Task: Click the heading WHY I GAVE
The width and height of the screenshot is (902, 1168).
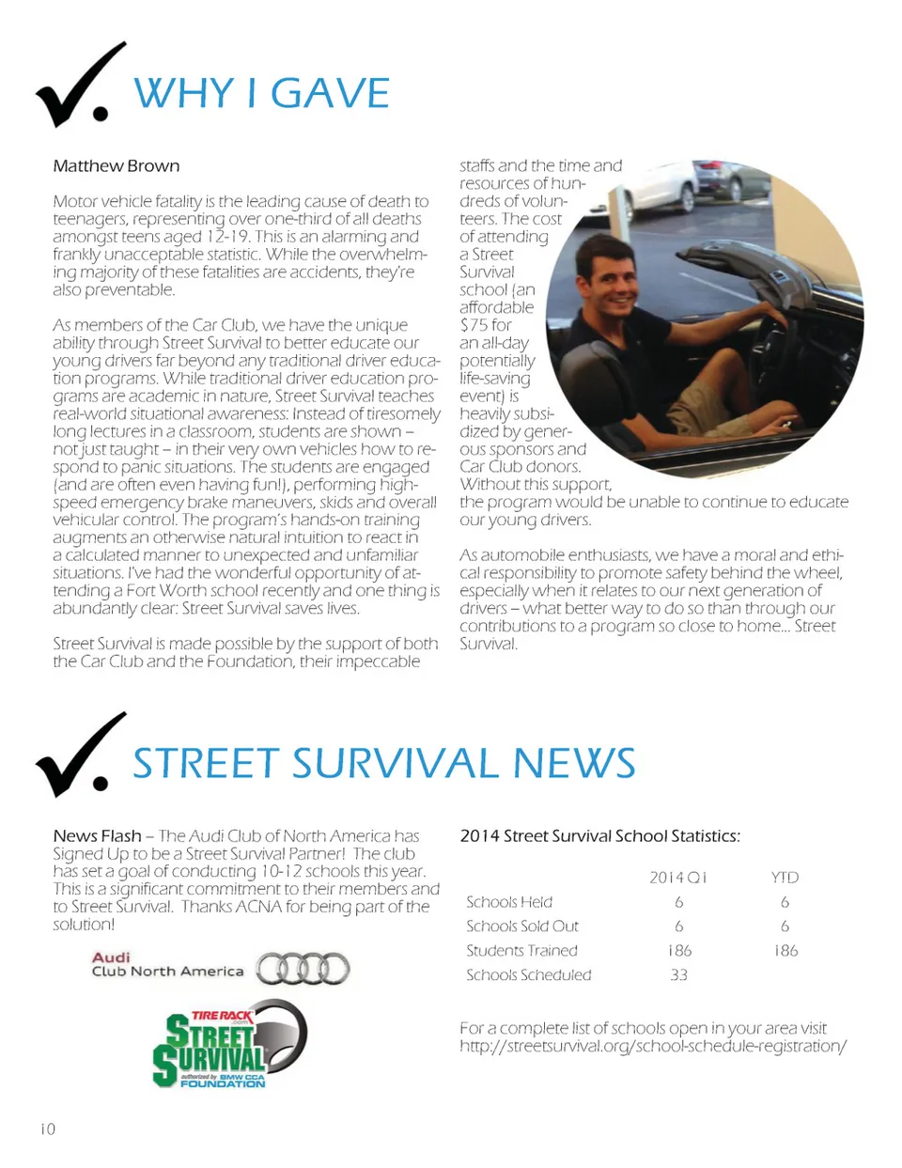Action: click(x=261, y=94)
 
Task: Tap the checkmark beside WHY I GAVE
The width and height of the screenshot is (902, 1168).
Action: click(x=79, y=87)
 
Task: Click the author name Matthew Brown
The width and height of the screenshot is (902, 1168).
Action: click(x=116, y=166)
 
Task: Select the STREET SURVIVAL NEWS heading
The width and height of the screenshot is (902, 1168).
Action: click(x=383, y=763)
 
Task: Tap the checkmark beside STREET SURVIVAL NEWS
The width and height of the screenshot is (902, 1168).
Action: click(x=79, y=756)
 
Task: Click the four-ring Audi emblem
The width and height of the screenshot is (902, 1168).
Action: click(x=303, y=969)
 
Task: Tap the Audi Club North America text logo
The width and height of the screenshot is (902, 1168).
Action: click(x=166, y=965)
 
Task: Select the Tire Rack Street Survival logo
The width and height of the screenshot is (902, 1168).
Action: click(x=229, y=1045)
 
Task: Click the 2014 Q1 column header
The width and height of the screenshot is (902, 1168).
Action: click(x=677, y=878)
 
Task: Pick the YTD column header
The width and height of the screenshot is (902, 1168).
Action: click(x=785, y=878)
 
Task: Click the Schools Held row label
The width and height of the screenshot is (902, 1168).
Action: click(x=509, y=902)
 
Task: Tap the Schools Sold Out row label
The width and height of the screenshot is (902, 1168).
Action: click(x=522, y=927)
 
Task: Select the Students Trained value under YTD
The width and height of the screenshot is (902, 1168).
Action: click(x=785, y=951)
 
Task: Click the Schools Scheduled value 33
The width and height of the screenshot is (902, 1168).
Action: click(x=678, y=975)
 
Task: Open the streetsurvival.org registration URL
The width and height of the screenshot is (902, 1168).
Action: click(x=653, y=1046)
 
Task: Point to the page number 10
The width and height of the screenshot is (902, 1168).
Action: click(x=48, y=1129)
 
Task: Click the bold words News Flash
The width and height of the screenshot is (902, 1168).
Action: click(x=97, y=836)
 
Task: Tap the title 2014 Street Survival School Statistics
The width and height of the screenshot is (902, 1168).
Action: click(x=599, y=836)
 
